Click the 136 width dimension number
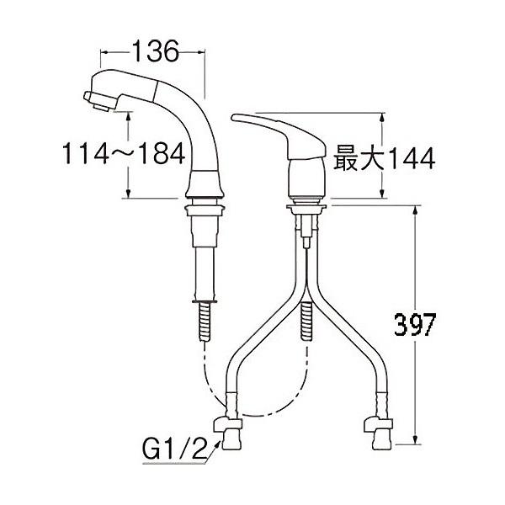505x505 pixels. [155, 51]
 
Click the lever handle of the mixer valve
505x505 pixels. [269, 127]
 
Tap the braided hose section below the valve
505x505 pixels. [307, 322]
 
